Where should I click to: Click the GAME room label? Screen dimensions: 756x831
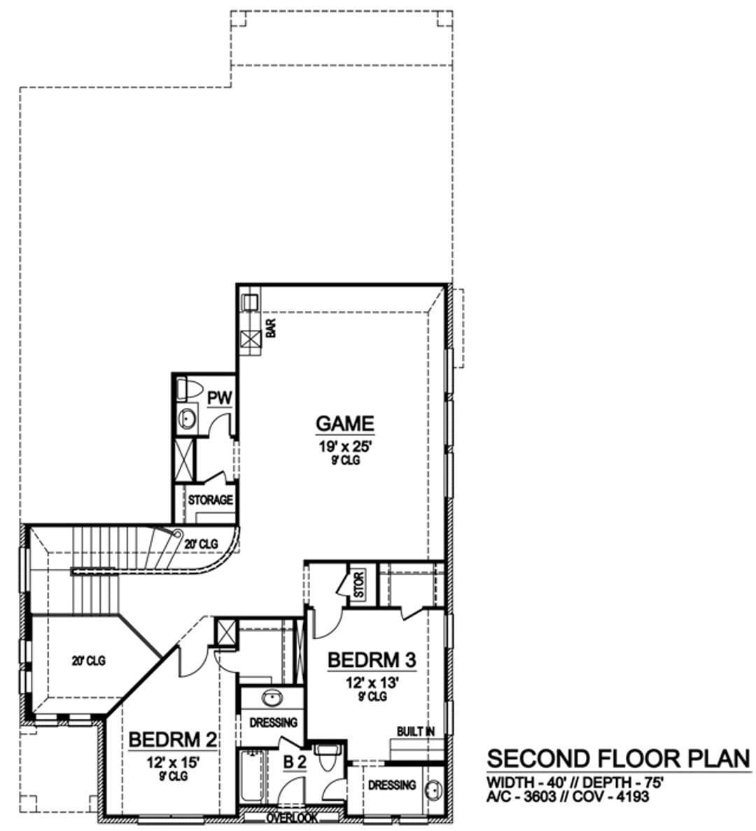tap(344, 423)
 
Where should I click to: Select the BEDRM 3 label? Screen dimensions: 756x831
tap(372, 660)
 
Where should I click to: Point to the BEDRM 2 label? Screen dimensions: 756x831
tap(173, 739)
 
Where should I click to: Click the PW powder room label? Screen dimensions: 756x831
tap(219, 397)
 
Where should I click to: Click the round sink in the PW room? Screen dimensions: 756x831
tap(187, 419)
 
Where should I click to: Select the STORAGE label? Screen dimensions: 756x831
tap(210, 500)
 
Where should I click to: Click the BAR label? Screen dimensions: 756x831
tap(271, 328)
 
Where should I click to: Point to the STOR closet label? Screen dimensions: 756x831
tap(359, 584)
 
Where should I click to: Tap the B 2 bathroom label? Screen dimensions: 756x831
tap(295, 762)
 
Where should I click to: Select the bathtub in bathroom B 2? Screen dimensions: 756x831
tap(251, 777)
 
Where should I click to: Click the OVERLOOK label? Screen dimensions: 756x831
tap(292, 818)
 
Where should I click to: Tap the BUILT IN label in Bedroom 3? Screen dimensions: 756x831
tap(416, 732)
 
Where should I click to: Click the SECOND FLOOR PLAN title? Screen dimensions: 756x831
tap(619, 758)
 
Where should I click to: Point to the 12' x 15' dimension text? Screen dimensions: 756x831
tap(173, 762)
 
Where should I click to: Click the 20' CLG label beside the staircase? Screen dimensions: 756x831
tap(201, 544)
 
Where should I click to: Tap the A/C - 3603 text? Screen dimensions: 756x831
tap(521, 796)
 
